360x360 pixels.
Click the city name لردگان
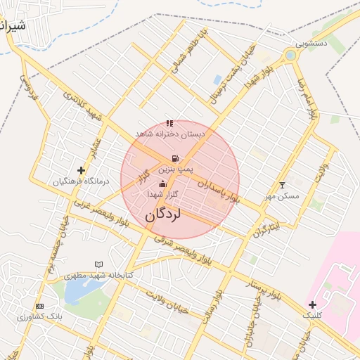pyautogui.click(x=163, y=214)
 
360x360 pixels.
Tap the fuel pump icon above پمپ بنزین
pyautogui.click(x=174, y=158)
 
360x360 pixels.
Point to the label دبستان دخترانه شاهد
pyautogui.click(x=169, y=134)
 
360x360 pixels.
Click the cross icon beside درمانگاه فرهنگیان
pyautogui.click(x=82, y=170)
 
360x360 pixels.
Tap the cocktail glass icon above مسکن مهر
pyautogui.click(x=283, y=185)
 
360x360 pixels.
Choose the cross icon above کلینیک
pyautogui.click(x=312, y=304)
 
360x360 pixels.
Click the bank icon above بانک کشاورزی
pyautogui.click(x=39, y=306)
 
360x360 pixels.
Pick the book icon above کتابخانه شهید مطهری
pyautogui.click(x=98, y=264)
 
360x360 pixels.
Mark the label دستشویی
pyautogui.click(x=311, y=43)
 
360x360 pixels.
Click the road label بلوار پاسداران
pyautogui.click(x=219, y=189)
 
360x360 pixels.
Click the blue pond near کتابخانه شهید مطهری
pyautogui.click(x=75, y=291)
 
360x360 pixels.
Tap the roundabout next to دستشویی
pyautogui.click(x=290, y=55)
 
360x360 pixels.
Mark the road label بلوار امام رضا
pyautogui.click(x=307, y=98)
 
